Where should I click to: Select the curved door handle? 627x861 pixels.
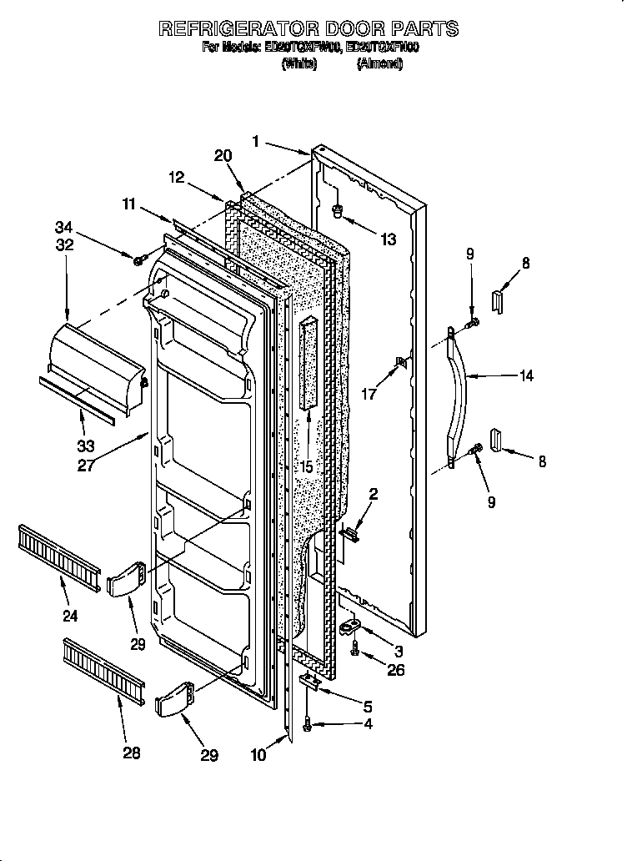(x=456, y=396)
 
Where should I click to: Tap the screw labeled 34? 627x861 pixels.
(x=138, y=260)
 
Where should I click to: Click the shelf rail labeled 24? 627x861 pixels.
(x=58, y=551)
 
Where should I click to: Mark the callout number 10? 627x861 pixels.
(x=258, y=756)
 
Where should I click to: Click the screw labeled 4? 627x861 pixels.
(x=308, y=727)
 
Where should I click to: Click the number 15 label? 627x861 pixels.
(x=306, y=467)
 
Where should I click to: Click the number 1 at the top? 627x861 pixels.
(x=257, y=141)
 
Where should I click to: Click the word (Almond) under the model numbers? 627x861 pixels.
(x=379, y=64)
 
